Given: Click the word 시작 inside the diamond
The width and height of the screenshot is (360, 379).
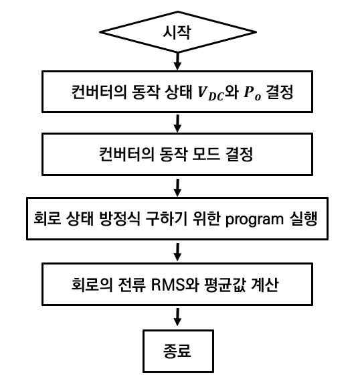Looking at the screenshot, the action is point(177,32).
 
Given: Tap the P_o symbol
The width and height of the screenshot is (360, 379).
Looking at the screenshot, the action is point(252,93).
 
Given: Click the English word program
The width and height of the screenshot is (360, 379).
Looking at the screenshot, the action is point(254,220).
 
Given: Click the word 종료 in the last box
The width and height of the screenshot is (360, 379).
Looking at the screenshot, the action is point(177,351).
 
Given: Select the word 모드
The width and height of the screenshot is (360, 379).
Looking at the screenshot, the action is point(206,154).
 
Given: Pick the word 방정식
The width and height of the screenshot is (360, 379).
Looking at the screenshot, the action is point(120,218).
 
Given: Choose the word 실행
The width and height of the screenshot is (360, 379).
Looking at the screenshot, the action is point(303,218).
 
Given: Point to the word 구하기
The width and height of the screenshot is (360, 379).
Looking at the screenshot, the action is point(166,218).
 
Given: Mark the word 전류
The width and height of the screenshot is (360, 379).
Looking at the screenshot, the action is point(132,285).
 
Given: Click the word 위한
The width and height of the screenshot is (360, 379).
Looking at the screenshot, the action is point(206,218).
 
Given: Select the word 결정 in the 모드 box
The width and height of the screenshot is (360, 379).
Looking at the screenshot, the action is point(239,154).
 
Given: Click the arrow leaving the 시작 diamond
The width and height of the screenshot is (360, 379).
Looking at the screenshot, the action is point(177,61).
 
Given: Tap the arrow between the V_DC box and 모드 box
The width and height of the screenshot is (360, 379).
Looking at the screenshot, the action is point(177,123).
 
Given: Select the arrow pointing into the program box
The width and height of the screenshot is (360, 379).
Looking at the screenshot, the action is point(177,187).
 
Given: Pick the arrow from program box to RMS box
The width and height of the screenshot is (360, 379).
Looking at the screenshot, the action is point(177,252).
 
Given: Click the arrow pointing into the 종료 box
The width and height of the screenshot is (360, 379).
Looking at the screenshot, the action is point(177,317).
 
